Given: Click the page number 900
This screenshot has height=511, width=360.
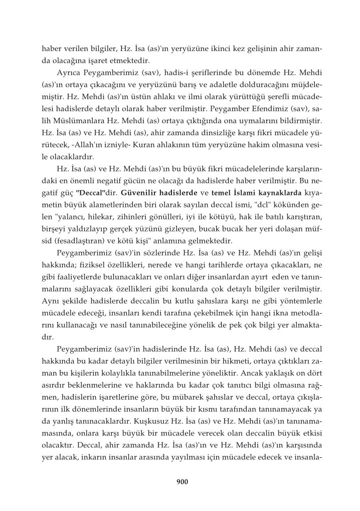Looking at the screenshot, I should tap(182, 482).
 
